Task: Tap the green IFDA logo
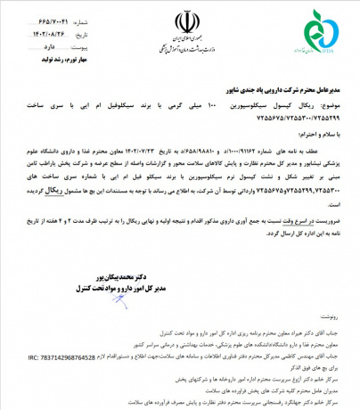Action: (328, 30)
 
